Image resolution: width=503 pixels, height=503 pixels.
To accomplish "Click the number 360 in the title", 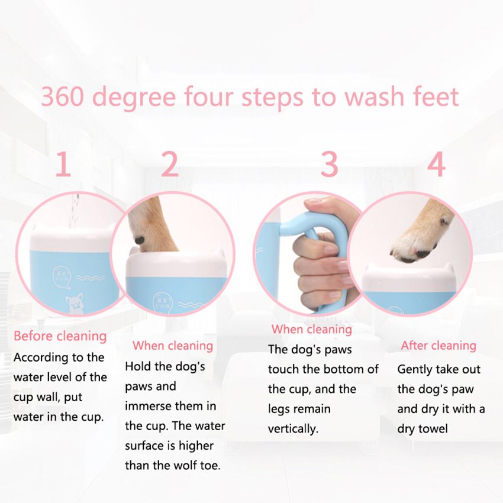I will tap(63, 97).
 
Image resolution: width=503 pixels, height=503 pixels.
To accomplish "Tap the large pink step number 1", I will tap(63, 165).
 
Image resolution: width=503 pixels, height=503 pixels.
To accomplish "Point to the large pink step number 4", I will tap(436, 165).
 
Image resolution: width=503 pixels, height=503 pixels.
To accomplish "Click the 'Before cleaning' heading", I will tap(60, 336).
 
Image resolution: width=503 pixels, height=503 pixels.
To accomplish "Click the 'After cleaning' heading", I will tap(438, 346).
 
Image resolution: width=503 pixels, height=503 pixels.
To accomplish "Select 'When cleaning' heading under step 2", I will tap(172, 346).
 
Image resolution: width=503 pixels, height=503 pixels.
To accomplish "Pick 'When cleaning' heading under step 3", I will tap(311, 329).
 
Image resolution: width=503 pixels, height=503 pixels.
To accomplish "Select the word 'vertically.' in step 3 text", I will tap(293, 429).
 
